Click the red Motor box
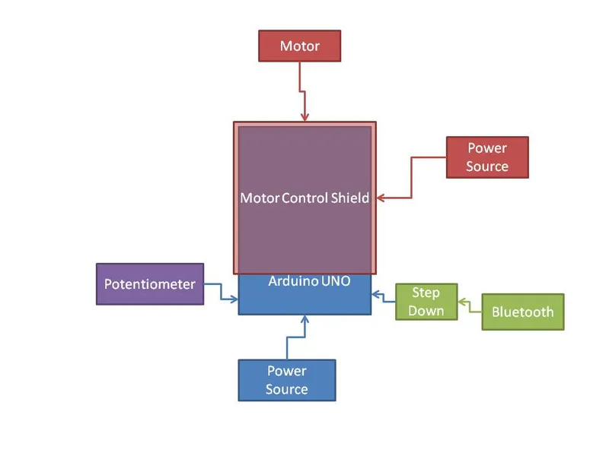coord(299,46)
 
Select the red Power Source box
coord(487,157)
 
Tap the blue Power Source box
coord(287,380)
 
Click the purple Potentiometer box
coord(150,284)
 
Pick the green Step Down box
coord(426,302)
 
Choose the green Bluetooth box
coord(523,312)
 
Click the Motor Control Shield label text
coord(304,198)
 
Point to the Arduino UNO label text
coord(309,281)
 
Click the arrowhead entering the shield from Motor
coord(305,117)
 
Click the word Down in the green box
coord(426,310)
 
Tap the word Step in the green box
coord(426,293)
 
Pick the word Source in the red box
coord(487,166)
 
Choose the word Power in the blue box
coord(287,371)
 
